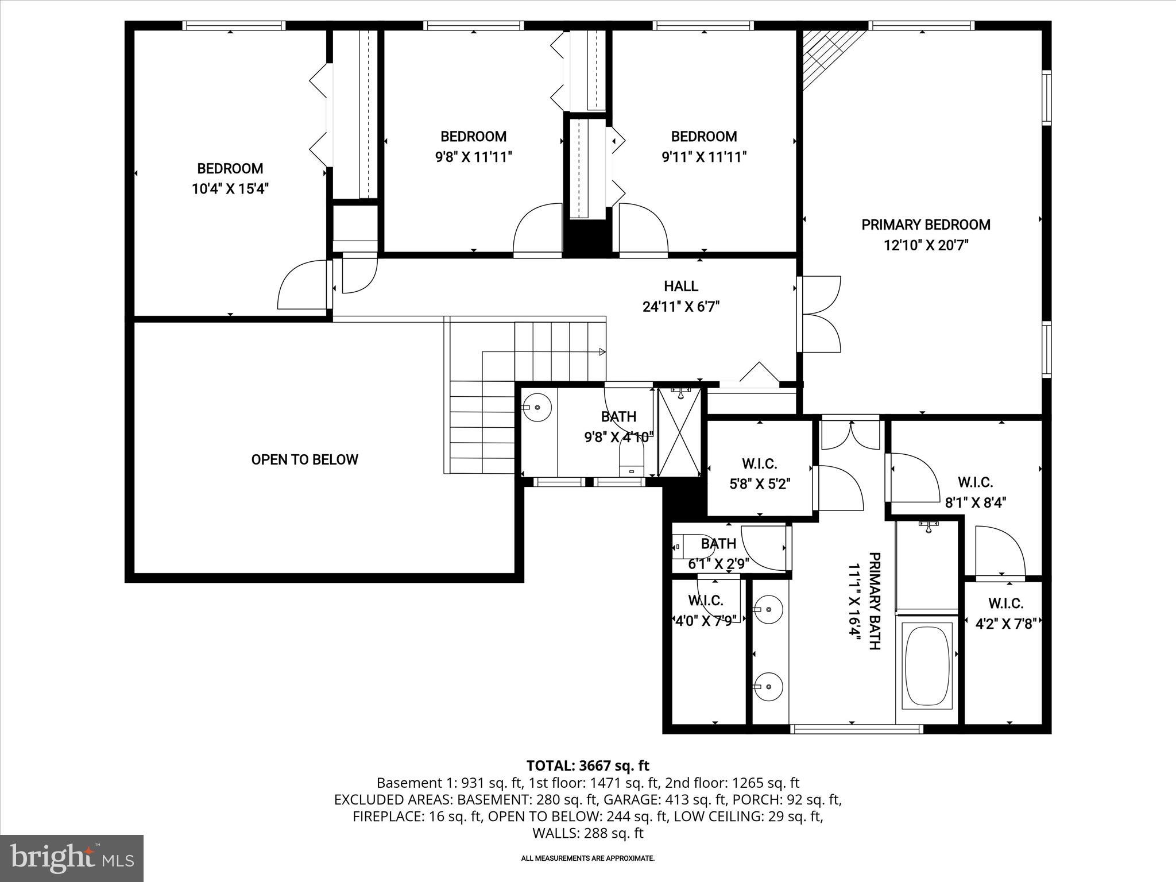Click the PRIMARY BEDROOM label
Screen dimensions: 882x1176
click(x=926, y=225)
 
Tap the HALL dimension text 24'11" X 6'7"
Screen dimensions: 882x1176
click(x=680, y=307)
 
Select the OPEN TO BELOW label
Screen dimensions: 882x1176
click(x=304, y=459)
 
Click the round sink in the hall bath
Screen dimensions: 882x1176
click(x=537, y=407)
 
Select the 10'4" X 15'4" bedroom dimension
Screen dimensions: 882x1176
click(x=230, y=189)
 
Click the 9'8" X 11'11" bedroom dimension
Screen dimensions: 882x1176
click(x=473, y=157)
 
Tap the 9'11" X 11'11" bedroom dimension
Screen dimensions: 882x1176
click(x=704, y=157)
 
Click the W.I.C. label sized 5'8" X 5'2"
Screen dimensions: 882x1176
click(x=759, y=463)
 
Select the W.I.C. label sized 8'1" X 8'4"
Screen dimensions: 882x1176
click(x=975, y=482)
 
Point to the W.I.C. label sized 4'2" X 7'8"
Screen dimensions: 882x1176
click(x=1005, y=604)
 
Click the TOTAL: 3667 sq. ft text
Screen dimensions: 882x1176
click(x=587, y=765)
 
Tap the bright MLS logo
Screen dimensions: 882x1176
click(x=72, y=858)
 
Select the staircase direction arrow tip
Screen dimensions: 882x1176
click(x=602, y=351)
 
